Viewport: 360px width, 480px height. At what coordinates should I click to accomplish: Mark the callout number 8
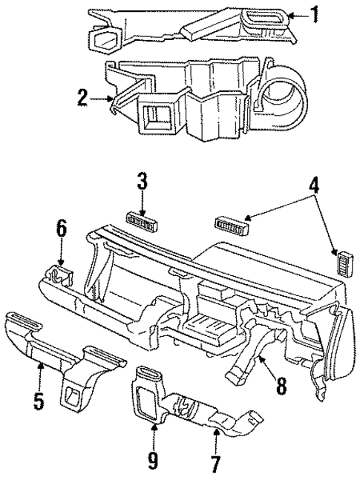[x=281, y=385]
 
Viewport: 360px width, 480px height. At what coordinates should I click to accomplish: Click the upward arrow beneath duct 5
[x=39, y=375]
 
